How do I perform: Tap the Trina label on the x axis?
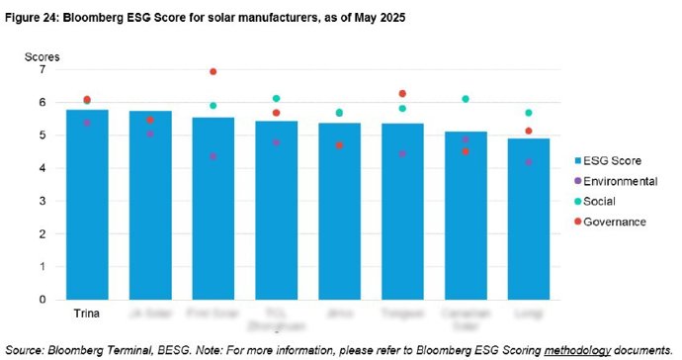[87, 315]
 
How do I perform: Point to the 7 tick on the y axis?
[42, 70]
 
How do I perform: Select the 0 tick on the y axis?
[42, 300]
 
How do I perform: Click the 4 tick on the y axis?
[42, 168]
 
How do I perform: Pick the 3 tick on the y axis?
[42, 201]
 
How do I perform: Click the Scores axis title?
[43, 56]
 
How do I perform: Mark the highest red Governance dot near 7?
[213, 72]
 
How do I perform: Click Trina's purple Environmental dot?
[87, 123]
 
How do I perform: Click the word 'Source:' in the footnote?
[28, 348]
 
